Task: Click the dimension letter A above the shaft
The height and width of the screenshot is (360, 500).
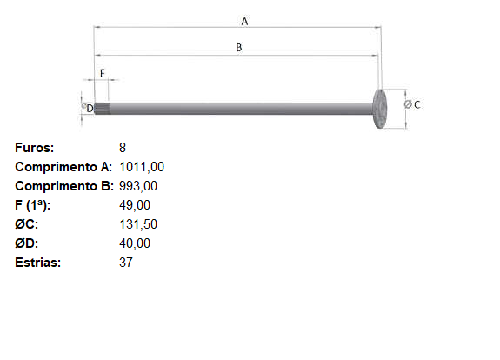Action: point(244,22)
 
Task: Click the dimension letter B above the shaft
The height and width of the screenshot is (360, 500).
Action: point(239,48)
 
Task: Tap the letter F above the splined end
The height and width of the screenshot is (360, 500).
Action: point(103,73)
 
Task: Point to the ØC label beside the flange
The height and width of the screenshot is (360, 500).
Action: point(412,104)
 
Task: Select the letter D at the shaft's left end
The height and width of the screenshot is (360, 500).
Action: point(90,109)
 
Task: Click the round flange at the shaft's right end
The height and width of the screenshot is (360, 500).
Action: point(379,109)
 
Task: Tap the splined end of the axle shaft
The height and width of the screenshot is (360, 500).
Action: point(103,109)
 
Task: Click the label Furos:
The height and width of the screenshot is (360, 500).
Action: point(35,148)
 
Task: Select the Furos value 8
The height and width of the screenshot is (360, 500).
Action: point(123,148)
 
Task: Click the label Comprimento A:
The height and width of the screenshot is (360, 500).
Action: point(63,167)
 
